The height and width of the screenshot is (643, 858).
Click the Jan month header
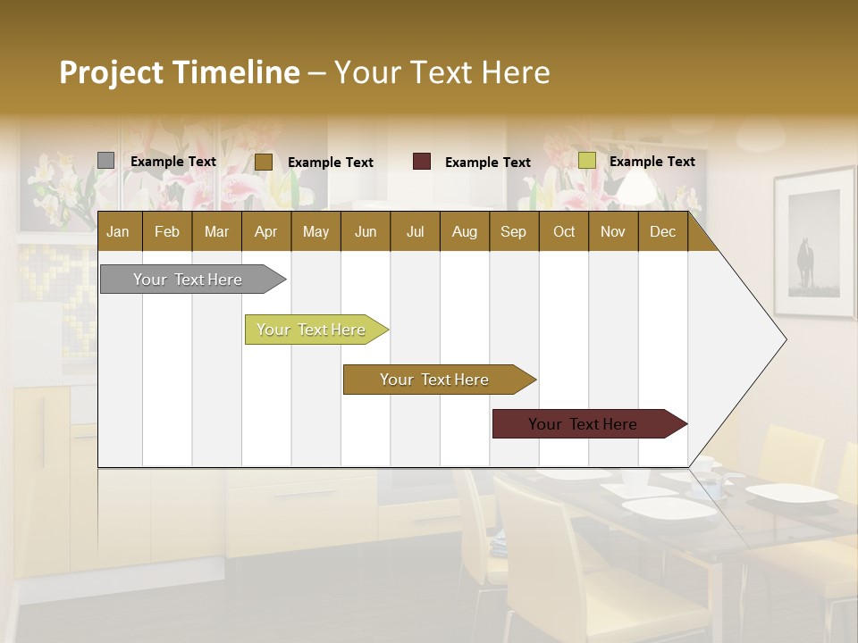(x=118, y=231)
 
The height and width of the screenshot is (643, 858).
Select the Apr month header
(x=265, y=231)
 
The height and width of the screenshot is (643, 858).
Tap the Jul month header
(x=415, y=231)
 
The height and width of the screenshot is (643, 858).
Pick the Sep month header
(x=513, y=231)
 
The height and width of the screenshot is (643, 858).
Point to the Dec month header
(x=662, y=231)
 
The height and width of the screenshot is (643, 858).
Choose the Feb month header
(x=167, y=231)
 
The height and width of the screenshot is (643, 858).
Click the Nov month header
(x=612, y=231)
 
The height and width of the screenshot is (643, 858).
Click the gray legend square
(x=106, y=161)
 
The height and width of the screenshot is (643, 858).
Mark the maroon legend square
(x=422, y=162)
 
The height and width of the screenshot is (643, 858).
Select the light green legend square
(x=587, y=161)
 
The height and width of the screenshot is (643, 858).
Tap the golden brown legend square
(x=264, y=162)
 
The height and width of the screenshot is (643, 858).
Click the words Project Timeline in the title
(x=180, y=72)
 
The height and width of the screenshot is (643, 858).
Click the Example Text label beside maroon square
(x=487, y=163)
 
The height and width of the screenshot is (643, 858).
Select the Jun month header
(x=366, y=231)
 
